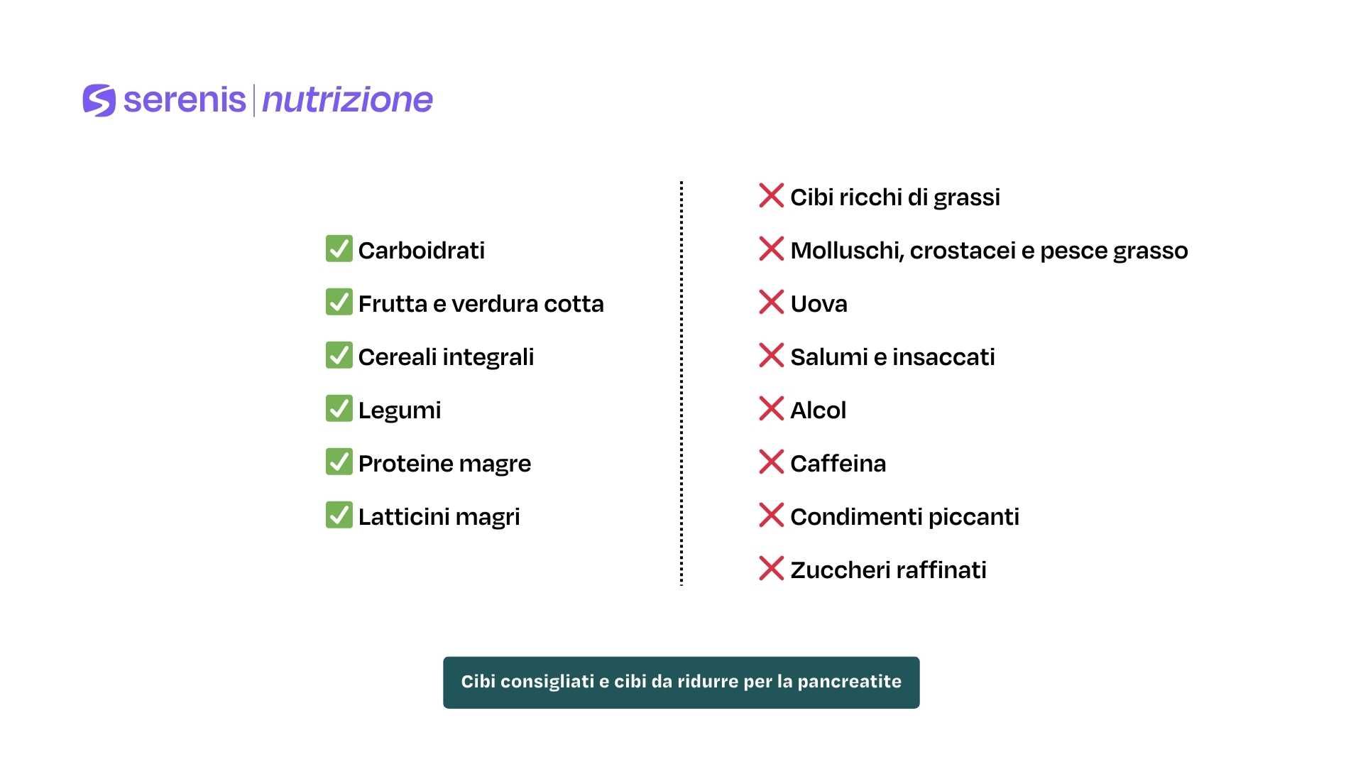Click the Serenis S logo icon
point(99,100)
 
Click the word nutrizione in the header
point(347,100)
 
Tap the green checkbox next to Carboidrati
point(339,249)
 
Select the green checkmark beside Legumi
point(339,409)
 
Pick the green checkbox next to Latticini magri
point(339,516)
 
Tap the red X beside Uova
point(771,303)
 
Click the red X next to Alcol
point(771,409)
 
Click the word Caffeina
point(838,464)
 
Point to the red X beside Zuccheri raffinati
point(771,569)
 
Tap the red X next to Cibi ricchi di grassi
point(771,196)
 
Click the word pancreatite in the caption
point(849,682)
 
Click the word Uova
point(819,304)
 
